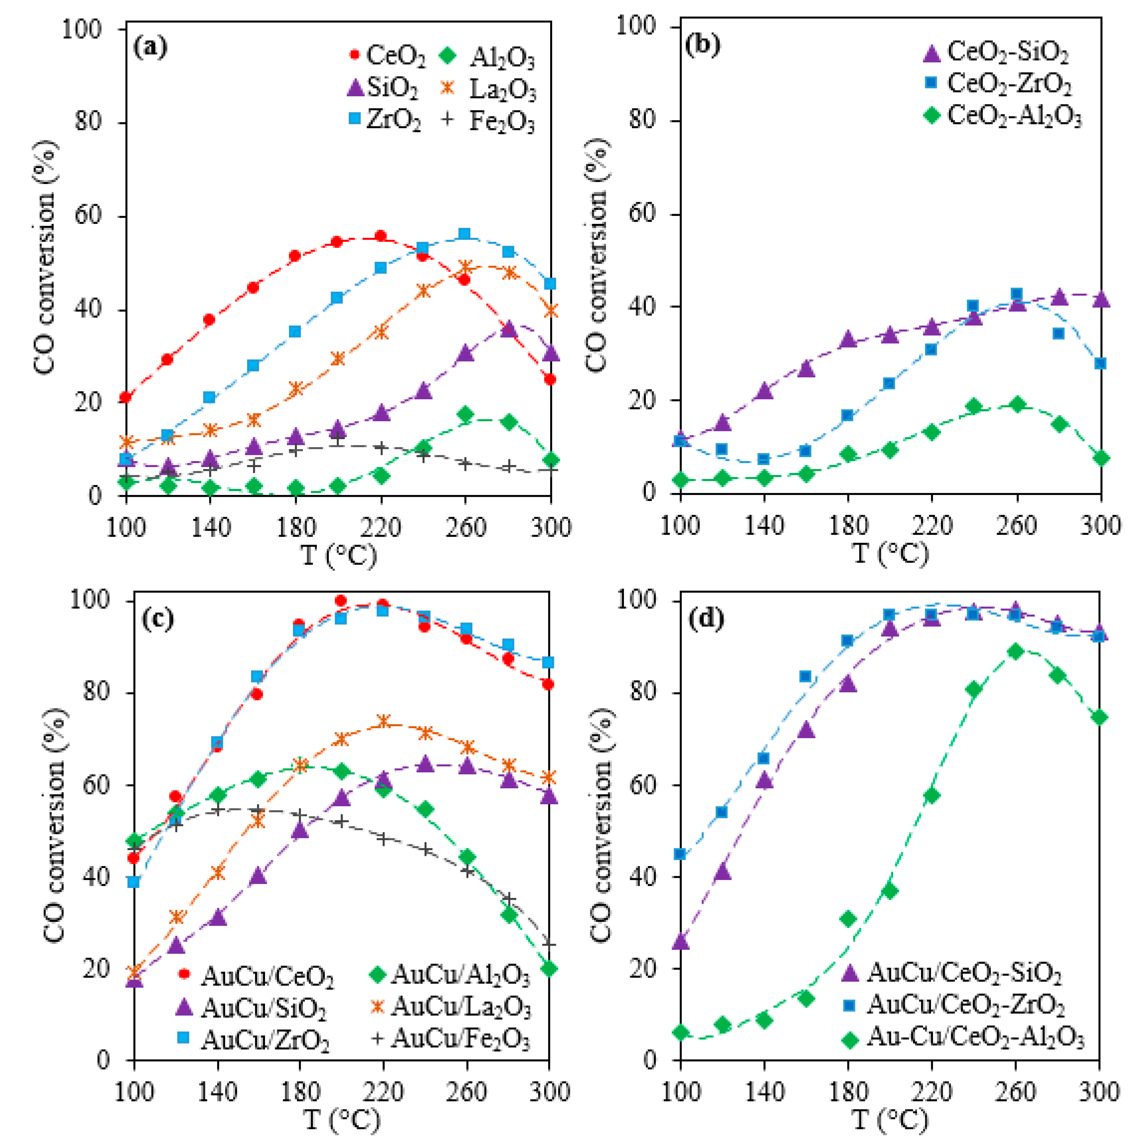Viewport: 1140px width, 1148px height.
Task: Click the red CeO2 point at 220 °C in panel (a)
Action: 381,236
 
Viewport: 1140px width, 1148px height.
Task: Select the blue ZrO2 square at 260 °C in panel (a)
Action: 465,233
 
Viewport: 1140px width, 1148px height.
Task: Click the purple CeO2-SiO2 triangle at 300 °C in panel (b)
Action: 1101,299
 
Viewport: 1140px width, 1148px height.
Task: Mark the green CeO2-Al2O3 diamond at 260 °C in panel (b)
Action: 1018,405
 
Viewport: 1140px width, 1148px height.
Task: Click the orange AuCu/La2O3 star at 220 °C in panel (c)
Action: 383,721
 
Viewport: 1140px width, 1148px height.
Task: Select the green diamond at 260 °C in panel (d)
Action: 1016,651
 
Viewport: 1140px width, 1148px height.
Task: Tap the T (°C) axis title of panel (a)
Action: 339,556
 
